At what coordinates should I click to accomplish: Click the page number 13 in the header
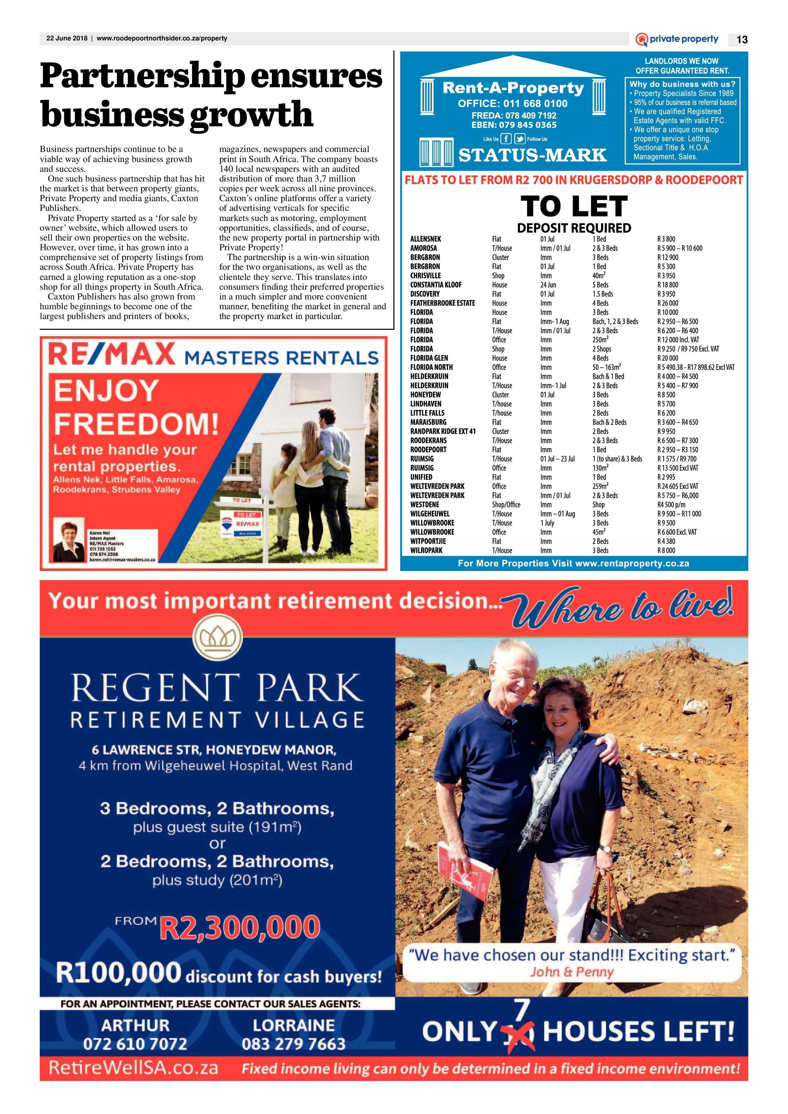(x=742, y=40)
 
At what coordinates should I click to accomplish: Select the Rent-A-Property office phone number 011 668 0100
(x=512, y=103)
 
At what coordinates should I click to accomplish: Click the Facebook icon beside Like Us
(x=506, y=139)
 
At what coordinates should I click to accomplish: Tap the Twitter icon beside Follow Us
(x=520, y=139)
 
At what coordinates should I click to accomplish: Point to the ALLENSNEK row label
(x=425, y=239)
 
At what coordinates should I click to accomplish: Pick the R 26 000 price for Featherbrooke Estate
(x=668, y=303)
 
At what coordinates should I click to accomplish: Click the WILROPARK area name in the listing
(x=426, y=550)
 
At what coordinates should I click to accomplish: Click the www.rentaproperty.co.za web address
(x=632, y=563)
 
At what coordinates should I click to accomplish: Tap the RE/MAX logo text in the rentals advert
(x=111, y=354)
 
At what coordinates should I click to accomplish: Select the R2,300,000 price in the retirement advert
(x=239, y=927)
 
